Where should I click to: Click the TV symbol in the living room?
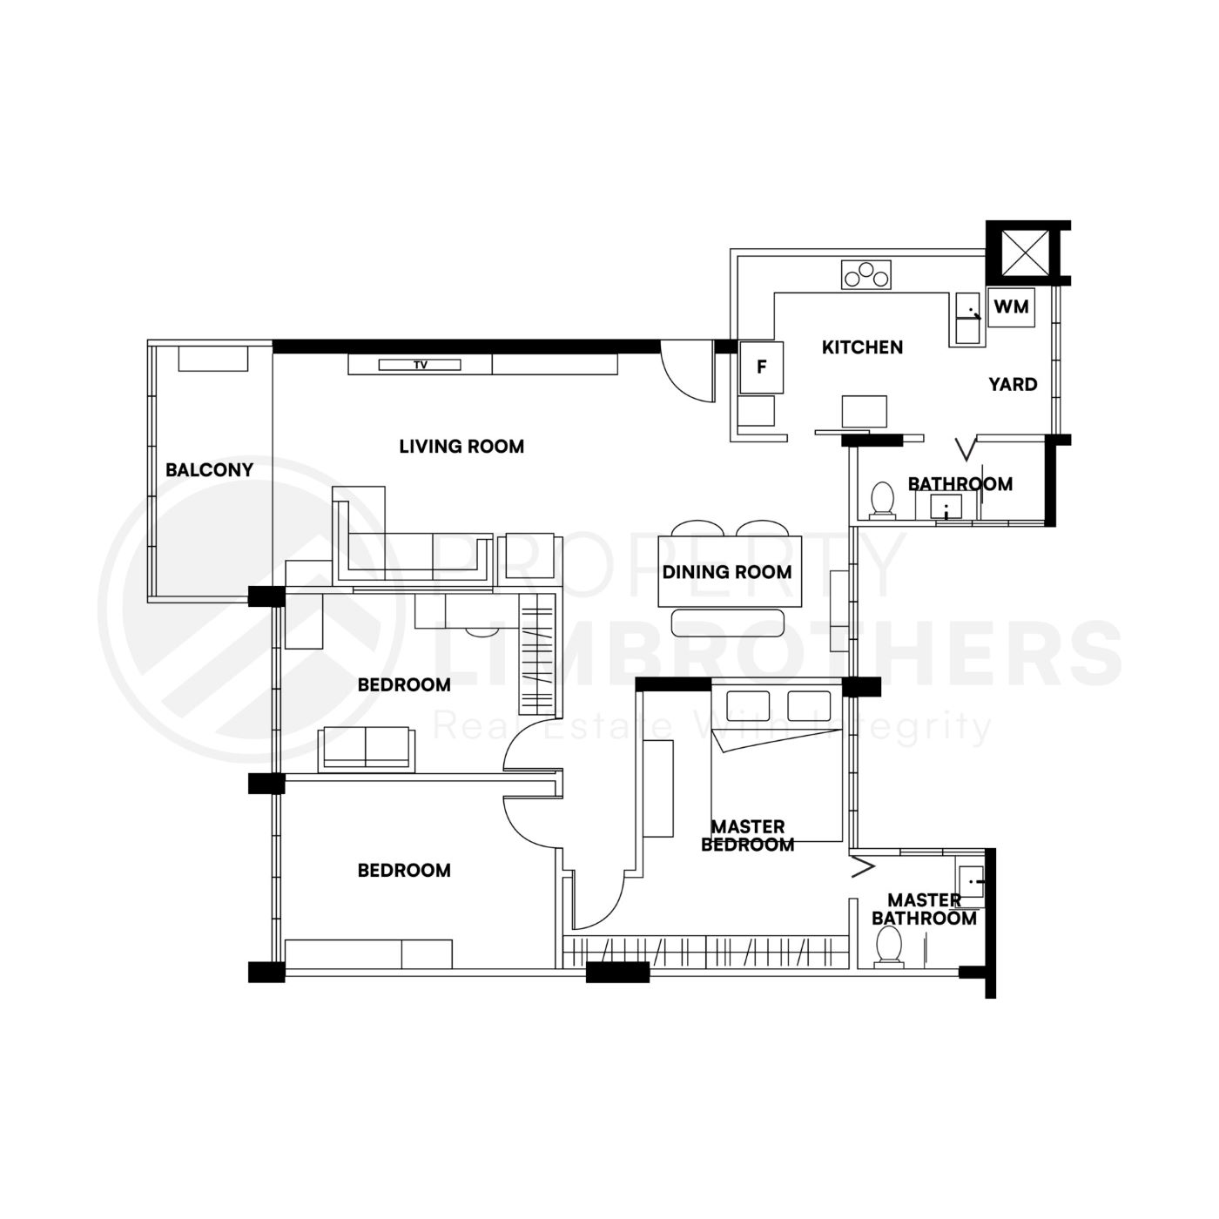coord(420,365)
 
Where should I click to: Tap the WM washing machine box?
coord(1011,306)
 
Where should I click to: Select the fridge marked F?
coord(761,367)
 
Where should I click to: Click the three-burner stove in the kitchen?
coord(866,275)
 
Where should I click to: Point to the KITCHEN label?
coord(862,347)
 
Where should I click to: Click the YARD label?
coord(1013,384)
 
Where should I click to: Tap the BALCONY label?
coord(209,470)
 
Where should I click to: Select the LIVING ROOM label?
coord(461,447)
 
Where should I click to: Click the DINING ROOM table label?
coord(727,572)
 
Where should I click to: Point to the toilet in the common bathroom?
coord(883,501)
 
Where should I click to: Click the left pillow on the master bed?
coord(748,706)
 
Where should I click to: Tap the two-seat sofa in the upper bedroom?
coord(365,748)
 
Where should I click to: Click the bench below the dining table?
coord(729,623)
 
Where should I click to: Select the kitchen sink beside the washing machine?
coord(966,318)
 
